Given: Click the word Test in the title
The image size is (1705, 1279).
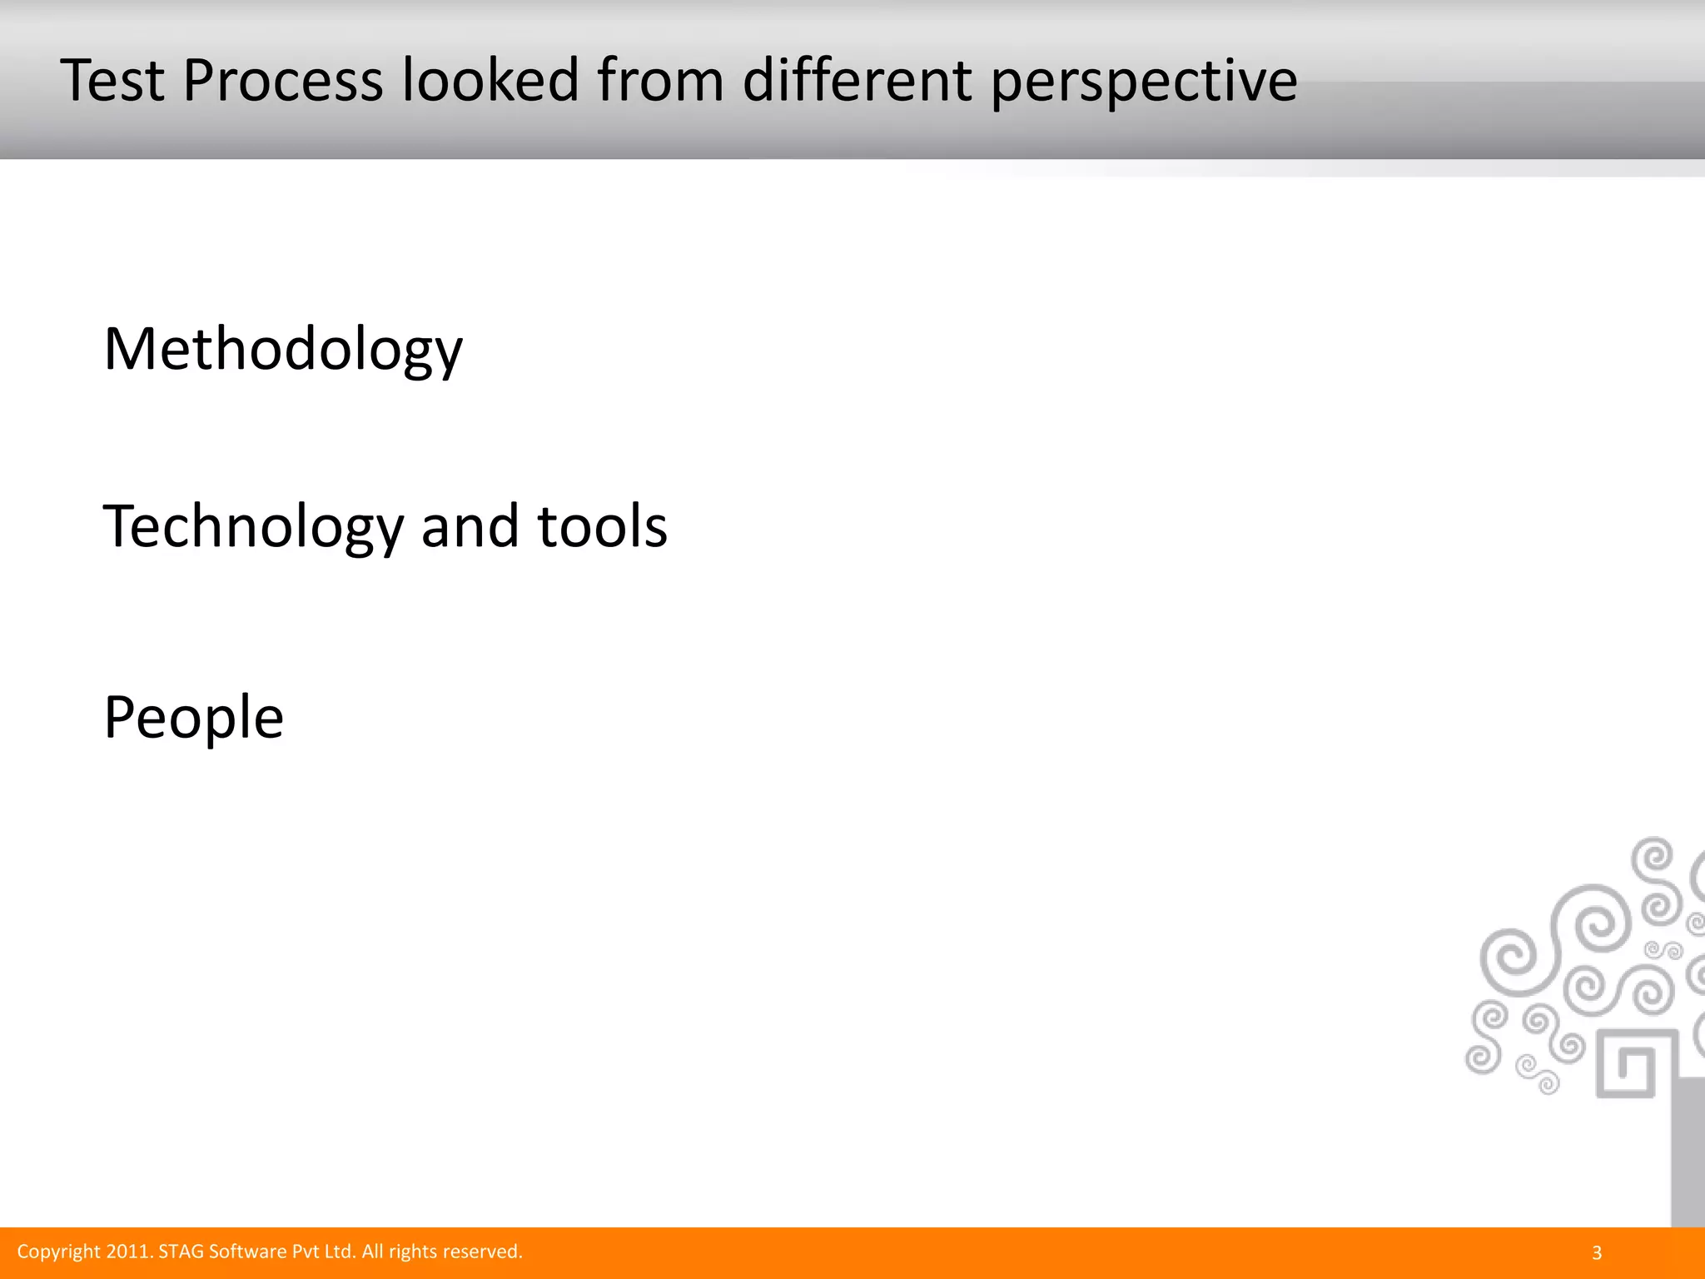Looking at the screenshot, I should (112, 81).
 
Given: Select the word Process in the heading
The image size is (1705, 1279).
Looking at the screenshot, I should (283, 81).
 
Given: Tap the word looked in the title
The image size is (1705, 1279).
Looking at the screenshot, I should (490, 81).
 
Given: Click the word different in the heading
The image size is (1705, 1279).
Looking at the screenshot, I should (857, 81).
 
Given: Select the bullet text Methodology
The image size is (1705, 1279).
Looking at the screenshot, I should (283, 350).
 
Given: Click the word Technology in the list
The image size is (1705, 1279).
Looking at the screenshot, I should (253, 527).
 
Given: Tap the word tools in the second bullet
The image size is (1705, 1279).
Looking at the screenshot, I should (603, 527).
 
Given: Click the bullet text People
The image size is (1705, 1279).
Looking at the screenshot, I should (194, 717).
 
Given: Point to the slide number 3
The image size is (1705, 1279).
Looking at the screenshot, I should (1596, 1252).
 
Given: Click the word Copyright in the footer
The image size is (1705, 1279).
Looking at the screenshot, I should (59, 1252).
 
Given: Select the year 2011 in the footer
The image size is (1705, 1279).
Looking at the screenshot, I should (130, 1252).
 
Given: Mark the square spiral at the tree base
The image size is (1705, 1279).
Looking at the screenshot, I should (1626, 1063).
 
